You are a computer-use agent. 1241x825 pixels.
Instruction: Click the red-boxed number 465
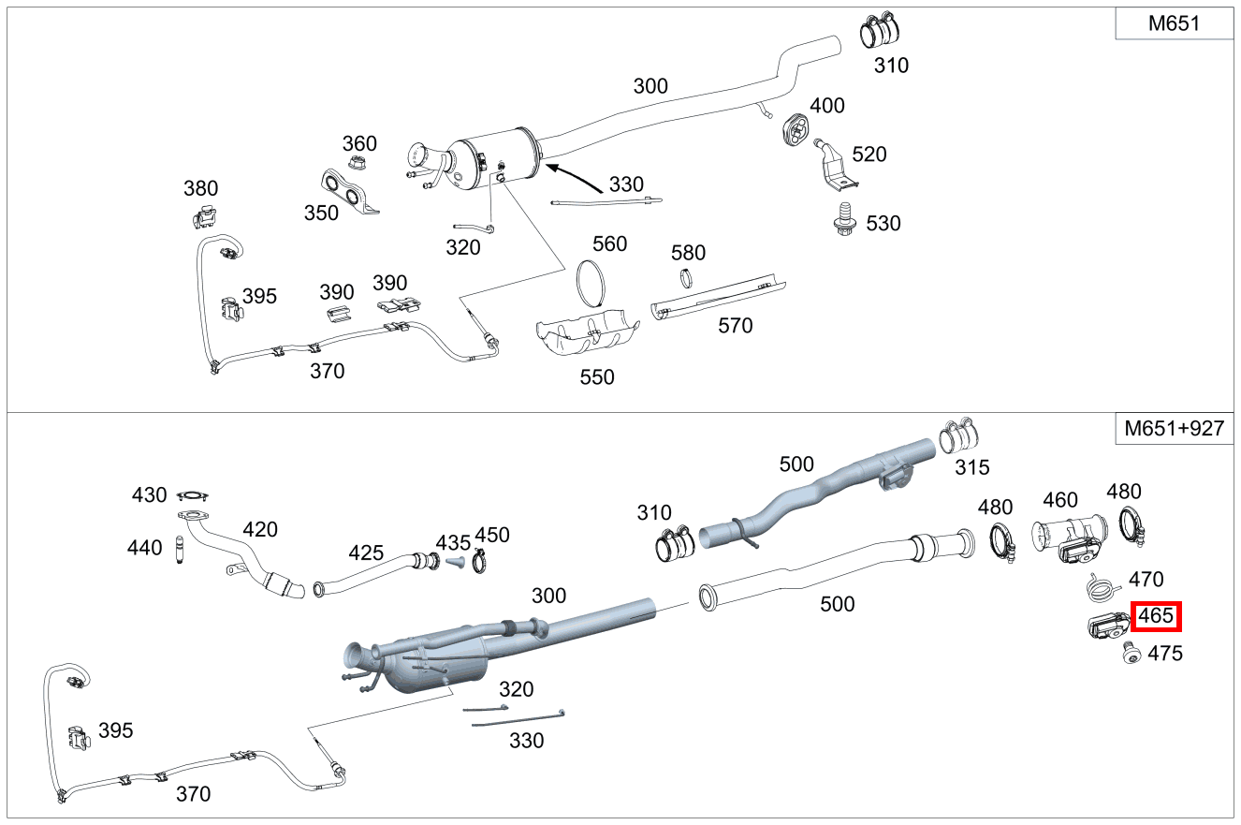(1156, 617)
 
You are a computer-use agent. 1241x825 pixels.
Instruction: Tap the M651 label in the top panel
(1174, 24)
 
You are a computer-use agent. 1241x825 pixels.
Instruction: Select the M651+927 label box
(1174, 428)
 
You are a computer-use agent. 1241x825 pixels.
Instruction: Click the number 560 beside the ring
(609, 244)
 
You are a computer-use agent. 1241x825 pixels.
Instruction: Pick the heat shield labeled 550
(585, 332)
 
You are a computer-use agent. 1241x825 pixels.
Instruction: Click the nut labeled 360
(356, 164)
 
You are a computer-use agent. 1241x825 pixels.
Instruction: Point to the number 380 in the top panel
(200, 189)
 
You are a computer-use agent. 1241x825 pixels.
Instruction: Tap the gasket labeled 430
(193, 495)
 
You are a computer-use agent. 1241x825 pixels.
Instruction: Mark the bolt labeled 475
(1131, 655)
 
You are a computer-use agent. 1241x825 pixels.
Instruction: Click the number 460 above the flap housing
(1060, 500)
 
